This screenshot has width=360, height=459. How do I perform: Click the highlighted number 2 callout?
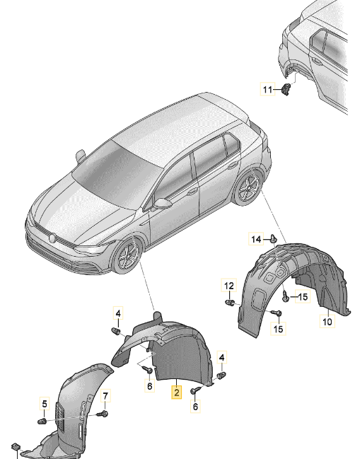177,393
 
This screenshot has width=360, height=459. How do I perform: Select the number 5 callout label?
45,405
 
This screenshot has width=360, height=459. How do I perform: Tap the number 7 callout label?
105,396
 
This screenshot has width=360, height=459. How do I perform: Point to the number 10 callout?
327,322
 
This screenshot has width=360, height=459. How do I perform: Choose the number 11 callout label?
267,89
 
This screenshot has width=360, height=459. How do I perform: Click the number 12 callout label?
229,285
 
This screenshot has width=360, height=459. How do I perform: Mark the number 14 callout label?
256,240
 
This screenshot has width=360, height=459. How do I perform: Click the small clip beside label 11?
286,88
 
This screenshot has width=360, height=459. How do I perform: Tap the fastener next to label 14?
274,238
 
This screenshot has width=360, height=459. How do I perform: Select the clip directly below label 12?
229,302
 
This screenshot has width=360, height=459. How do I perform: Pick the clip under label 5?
42,422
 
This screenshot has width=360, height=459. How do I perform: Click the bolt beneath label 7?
103,414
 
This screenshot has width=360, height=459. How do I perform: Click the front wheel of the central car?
127,257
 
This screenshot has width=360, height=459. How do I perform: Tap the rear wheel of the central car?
249,187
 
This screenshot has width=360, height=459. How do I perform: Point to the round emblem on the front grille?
52,238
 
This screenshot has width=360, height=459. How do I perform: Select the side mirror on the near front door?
163,203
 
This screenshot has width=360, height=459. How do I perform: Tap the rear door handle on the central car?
233,165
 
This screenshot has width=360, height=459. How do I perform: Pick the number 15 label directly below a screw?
279,328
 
